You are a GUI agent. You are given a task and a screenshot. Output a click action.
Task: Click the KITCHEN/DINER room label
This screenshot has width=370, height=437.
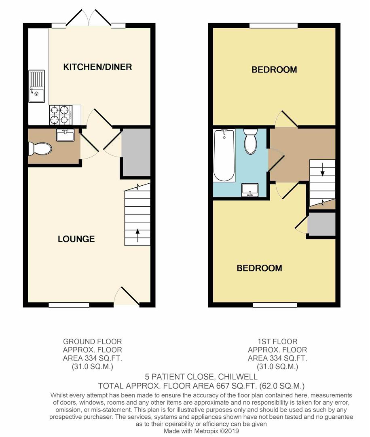tap(97, 67)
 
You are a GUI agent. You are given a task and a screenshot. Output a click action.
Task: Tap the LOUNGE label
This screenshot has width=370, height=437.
tap(76, 239)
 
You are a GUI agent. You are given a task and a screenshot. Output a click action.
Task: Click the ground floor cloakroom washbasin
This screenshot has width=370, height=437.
tap(65, 135)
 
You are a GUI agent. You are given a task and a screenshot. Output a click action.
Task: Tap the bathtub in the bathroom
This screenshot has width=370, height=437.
tap(224, 155)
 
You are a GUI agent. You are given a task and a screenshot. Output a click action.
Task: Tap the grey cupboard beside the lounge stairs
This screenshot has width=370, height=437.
tap(136, 152)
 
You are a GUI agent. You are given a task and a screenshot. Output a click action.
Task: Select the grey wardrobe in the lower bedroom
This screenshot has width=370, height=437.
tap(321, 224)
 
